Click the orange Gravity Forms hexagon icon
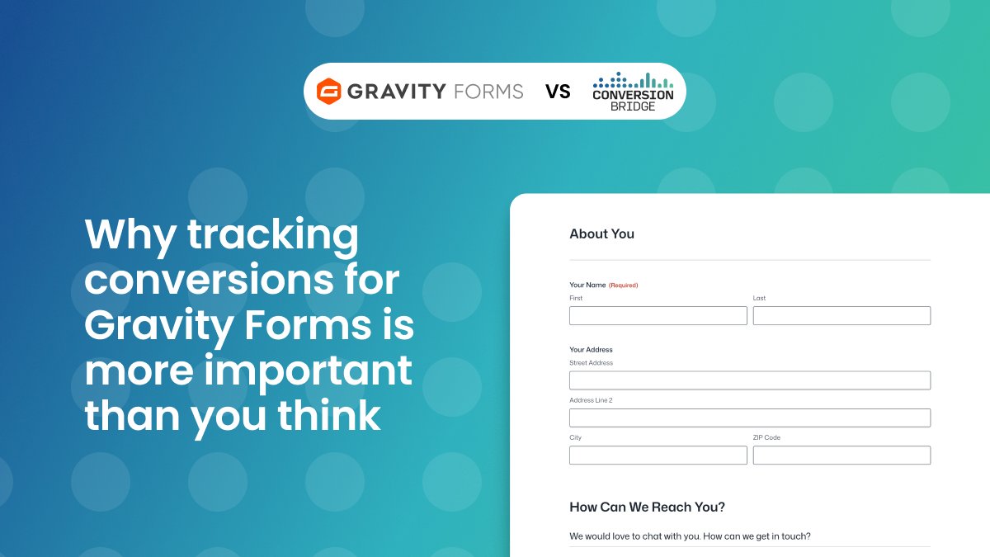click(329, 91)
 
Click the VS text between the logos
click(559, 92)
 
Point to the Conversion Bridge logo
click(633, 92)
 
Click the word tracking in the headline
click(273, 235)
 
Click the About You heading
click(601, 234)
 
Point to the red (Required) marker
click(623, 286)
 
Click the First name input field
click(658, 315)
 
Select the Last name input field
click(841, 315)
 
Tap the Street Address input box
click(749, 380)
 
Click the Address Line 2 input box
click(749, 418)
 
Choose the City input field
click(658, 455)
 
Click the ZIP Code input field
click(841, 455)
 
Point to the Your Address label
click(591, 350)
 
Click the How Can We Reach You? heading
click(647, 507)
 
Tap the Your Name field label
click(587, 286)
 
